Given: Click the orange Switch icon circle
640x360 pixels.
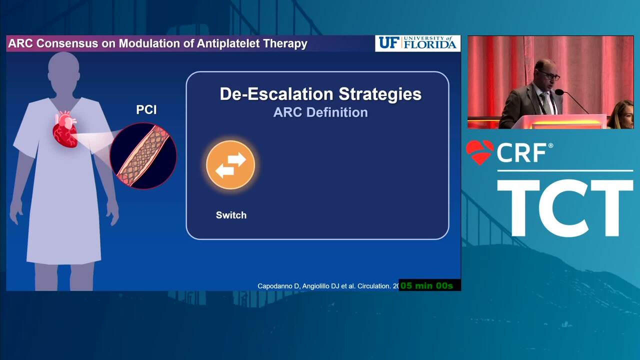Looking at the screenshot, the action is pos(230,165).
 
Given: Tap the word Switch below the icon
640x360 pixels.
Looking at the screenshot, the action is pos(231,215).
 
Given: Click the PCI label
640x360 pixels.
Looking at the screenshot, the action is pos(146,109).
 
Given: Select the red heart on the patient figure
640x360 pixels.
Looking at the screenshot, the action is pos(65,130).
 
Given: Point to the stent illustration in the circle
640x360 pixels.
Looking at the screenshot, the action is pos(143,156).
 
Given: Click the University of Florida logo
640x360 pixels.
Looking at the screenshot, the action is pos(417,43).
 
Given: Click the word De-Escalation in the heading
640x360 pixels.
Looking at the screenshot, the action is pos(276,94).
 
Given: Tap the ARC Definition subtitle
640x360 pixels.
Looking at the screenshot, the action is pos(320,112).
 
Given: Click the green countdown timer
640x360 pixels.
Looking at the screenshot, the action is pos(427,285).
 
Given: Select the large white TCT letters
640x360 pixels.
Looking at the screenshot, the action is pos(565,208).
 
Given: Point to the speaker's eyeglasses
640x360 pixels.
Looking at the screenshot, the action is pos(549,75).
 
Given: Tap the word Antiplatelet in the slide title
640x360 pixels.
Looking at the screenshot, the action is pos(228,43).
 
